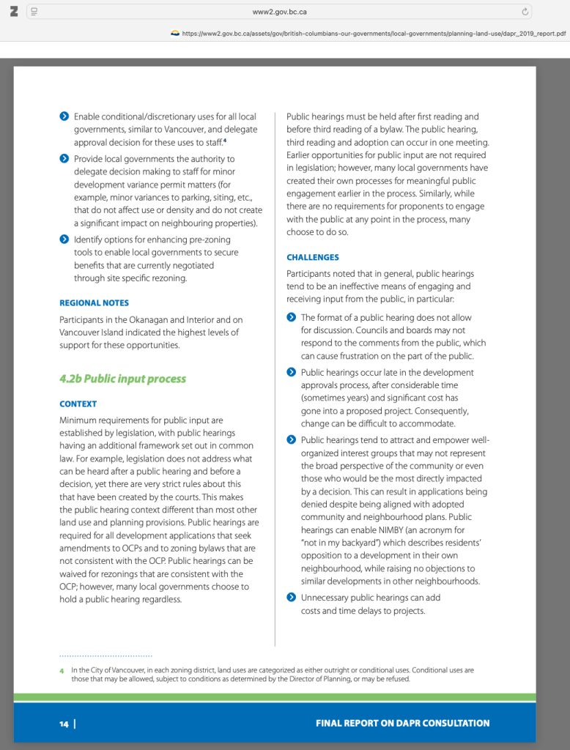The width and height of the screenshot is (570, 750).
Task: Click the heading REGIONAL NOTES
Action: coord(94,302)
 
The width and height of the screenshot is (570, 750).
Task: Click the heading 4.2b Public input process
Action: coord(122,379)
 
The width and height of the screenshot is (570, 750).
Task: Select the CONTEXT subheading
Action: coord(78,404)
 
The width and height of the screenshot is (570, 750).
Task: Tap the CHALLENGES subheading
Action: coord(312,257)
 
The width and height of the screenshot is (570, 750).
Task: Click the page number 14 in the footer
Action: coord(64,724)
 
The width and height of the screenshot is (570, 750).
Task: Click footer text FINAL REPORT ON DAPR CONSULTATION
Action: coord(402,723)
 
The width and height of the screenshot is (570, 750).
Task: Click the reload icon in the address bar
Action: coord(525,12)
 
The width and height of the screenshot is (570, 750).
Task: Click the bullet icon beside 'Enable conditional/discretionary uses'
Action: coord(64,116)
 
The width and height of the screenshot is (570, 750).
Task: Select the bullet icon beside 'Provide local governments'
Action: coord(64,159)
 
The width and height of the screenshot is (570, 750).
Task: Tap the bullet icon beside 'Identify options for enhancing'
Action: coord(64,240)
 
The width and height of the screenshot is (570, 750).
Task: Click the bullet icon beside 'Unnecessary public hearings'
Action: coord(291,598)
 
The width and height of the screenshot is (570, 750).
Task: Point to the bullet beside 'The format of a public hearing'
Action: coord(291,317)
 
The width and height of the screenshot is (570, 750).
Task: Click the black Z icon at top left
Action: coord(14,12)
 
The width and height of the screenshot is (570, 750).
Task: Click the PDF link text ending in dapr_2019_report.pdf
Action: coord(374,33)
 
